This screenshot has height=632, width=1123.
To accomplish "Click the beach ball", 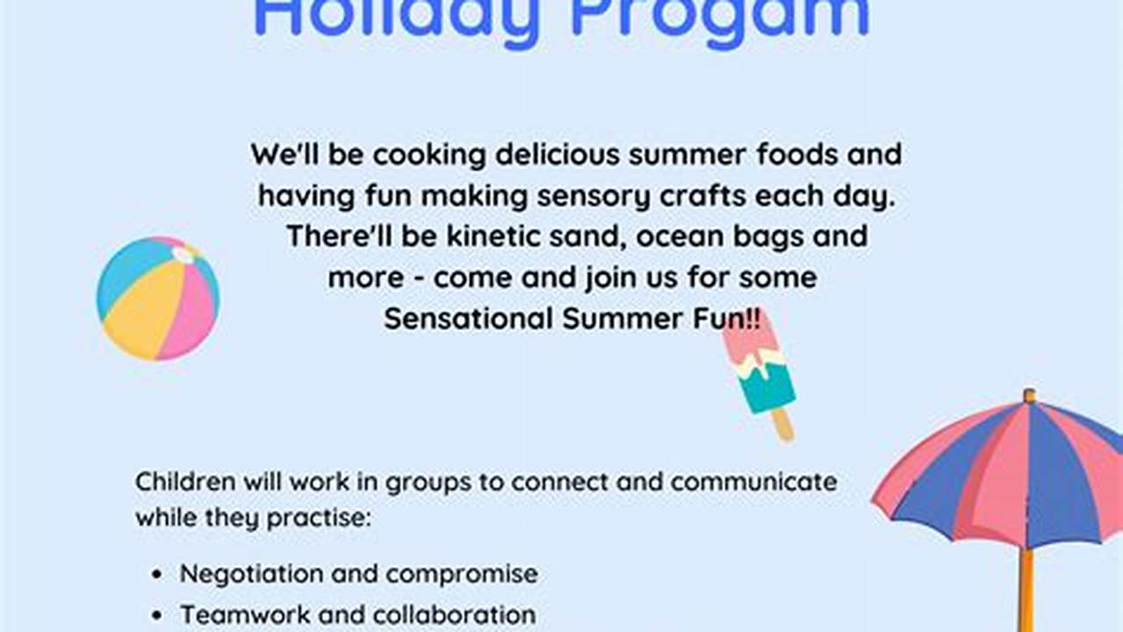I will click(157, 298).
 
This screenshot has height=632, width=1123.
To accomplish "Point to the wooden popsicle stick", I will click(781, 425).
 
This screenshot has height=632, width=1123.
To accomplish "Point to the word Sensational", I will click(469, 318).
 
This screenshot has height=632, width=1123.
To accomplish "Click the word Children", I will click(185, 481).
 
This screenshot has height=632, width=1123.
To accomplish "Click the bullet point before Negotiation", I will click(157, 575).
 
